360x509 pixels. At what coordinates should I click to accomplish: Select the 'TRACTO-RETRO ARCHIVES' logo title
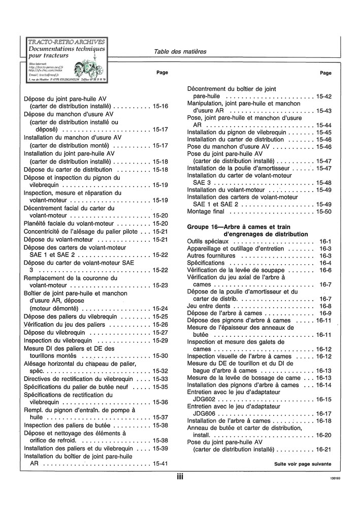[x=67, y=42]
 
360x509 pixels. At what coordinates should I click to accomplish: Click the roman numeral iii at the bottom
[x=180, y=476]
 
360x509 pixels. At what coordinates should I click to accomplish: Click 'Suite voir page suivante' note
[x=303, y=464]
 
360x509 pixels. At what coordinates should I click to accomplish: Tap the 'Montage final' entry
[x=206, y=211]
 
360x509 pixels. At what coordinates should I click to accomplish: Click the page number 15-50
[x=323, y=211]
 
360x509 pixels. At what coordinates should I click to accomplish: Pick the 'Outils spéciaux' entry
[x=208, y=241]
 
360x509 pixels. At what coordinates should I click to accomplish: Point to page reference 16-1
[x=325, y=241]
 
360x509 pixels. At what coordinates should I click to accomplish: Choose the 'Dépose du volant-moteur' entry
[x=59, y=239]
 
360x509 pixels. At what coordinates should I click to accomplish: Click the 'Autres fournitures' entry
[x=212, y=256]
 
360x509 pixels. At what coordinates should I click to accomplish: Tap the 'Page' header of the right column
[x=325, y=73]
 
